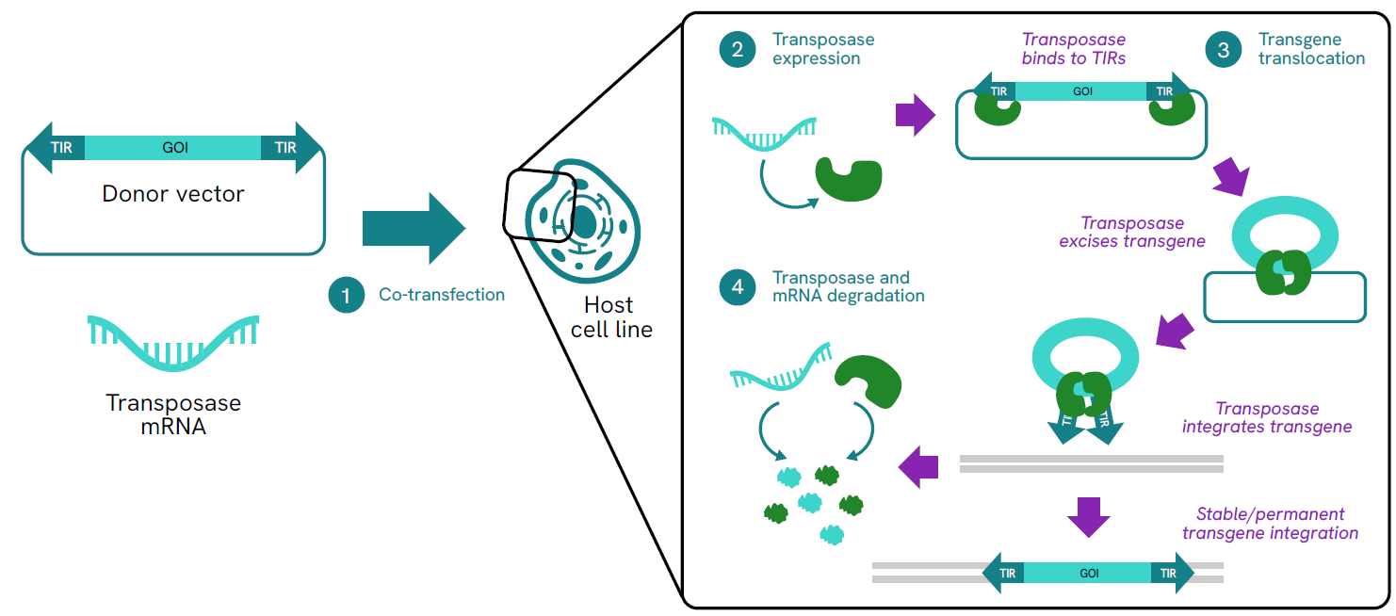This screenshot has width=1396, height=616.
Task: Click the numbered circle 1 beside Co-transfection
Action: click(346, 295)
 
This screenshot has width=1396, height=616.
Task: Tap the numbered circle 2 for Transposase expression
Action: click(737, 49)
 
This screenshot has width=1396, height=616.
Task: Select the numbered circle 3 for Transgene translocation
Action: click(1224, 49)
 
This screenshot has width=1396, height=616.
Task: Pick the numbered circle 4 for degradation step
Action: click(737, 287)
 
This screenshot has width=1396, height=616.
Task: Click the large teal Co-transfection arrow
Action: click(414, 228)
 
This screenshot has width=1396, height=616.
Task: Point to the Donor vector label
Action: click(173, 194)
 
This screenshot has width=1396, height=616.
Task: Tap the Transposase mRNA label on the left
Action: click(173, 414)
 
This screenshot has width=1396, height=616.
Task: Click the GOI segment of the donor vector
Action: click(173, 148)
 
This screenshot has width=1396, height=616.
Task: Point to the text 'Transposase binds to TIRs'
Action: click(1074, 49)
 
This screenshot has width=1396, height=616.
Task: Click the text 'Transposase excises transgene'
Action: click(1131, 232)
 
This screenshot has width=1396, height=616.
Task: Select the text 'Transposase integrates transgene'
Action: click(1267, 417)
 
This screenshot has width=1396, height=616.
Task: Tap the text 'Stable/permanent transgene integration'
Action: click(1270, 524)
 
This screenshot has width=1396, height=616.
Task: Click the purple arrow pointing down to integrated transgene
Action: click(1089, 515)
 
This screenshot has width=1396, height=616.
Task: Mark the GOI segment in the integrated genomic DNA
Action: click(1088, 573)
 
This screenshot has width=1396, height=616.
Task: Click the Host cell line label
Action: click(611, 317)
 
